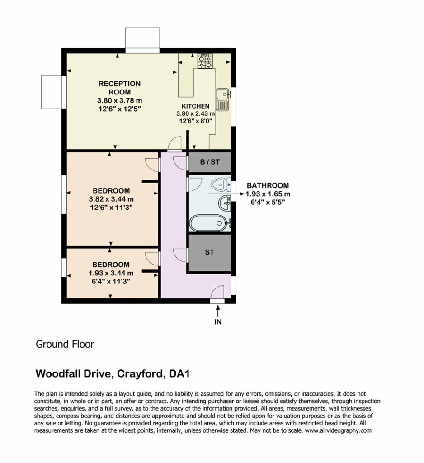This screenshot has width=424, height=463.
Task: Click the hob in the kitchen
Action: pyautogui.click(x=205, y=61)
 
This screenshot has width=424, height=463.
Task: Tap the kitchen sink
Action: pyautogui.click(x=223, y=99)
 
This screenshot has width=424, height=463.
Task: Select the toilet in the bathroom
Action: pyautogui.click(x=221, y=184)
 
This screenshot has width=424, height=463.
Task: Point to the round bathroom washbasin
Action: pyautogui.click(x=225, y=203)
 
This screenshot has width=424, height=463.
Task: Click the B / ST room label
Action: pyautogui.click(x=210, y=162)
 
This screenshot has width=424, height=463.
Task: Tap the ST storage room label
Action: pyautogui.click(x=209, y=252)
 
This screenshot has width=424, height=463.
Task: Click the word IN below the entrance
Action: pyautogui.click(x=218, y=321)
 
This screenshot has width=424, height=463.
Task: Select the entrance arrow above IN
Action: pyautogui.click(x=218, y=311)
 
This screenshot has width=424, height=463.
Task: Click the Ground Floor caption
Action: pyautogui.click(x=65, y=344)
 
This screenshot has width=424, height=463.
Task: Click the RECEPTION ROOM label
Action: pyautogui.click(x=120, y=88)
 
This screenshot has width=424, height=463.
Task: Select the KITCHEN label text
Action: pyautogui.click(x=195, y=106)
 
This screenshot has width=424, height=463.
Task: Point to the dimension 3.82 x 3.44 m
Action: pyautogui.click(x=111, y=199)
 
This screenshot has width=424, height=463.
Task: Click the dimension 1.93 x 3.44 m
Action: pyautogui.click(x=111, y=273)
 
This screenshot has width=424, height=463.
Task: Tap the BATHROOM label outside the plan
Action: pyautogui.click(x=268, y=185)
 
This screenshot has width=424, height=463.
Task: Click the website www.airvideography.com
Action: pyautogui.click(x=338, y=430)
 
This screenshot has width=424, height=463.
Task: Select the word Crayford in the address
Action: pyautogui.click(x=140, y=374)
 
